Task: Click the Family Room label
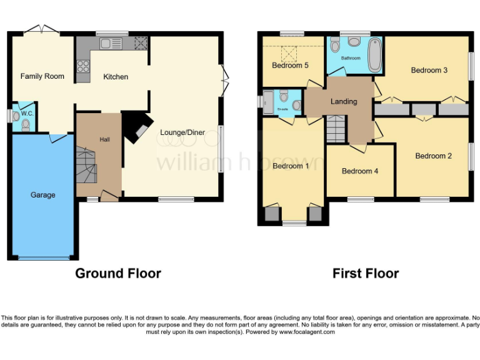tap(42, 76)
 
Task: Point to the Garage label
tap(43, 195)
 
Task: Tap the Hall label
tap(104, 139)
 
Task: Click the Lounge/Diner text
tap(182, 132)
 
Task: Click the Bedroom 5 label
tap(290, 65)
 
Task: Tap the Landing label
tap(344, 101)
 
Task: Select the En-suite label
tap(282, 109)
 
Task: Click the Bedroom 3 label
tap(429, 70)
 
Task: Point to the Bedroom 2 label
tap(433, 156)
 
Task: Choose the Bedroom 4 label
tap(359, 171)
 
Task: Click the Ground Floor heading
tap(118, 273)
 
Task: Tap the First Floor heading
tap(365, 273)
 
